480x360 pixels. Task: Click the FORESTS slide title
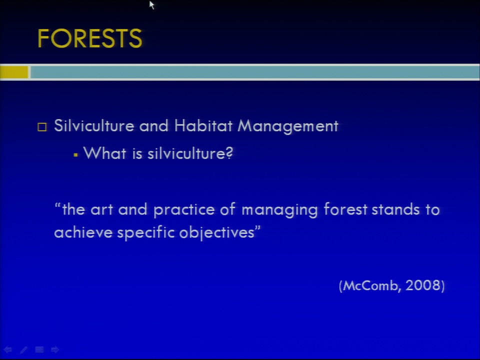coord(89,38)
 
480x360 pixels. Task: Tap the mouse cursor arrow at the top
coord(152,5)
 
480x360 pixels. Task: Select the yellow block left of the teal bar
coord(14,72)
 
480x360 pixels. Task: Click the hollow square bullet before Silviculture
coord(42,126)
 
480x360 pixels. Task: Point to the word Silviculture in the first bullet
coord(94,125)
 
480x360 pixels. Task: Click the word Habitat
coord(203,125)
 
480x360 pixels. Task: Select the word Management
coord(288,126)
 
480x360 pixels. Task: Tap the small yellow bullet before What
coord(75,155)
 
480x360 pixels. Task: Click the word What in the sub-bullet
coord(104,153)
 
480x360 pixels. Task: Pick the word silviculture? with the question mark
coord(190,153)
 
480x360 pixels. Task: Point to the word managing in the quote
coord(279,210)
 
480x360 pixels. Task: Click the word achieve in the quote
coord(83,232)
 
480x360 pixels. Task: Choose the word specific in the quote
coord(145,233)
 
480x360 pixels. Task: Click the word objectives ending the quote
coord(216,233)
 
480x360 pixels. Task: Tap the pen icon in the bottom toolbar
coord(23,349)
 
